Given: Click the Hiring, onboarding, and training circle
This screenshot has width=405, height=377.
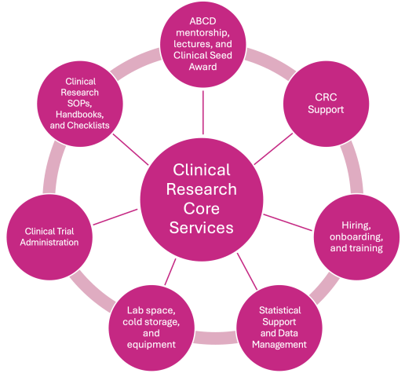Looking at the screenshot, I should [x=352, y=236].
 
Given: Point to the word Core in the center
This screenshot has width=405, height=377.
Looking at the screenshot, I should [x=202, y=208].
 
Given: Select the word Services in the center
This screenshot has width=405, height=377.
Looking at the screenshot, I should [x=202, y=228].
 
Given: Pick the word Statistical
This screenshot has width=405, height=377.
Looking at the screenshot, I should [x=279, y=310].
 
